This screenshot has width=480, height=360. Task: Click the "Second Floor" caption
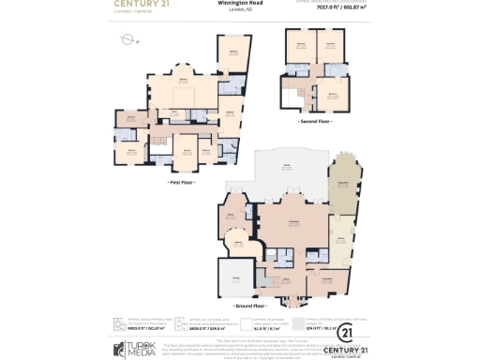point(315,122)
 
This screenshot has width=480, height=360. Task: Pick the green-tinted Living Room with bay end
point(343,190)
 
